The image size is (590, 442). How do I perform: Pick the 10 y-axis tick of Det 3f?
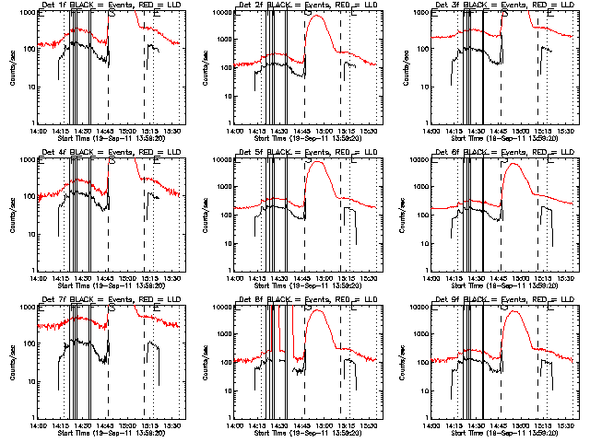tap(420, 86)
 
